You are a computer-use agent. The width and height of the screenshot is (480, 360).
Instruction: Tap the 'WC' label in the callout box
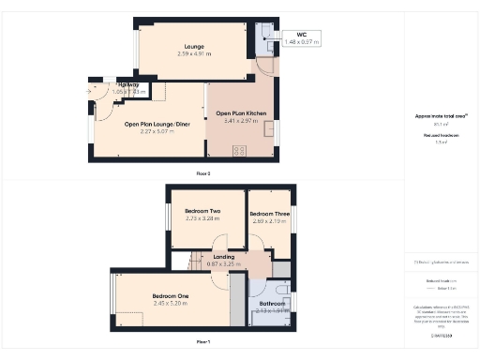pos(302,35)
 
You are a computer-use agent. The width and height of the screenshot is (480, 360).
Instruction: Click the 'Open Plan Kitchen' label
pos(241,112)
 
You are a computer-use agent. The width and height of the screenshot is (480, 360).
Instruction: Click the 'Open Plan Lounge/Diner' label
pos(164,123)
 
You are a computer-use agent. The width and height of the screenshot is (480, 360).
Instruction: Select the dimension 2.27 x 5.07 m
pos(164,131)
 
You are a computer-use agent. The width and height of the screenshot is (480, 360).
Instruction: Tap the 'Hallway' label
pos(125,84)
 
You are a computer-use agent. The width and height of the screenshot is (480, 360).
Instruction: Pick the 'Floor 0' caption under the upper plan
pos(203,173)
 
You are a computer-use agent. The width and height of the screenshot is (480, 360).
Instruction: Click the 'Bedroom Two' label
pos(202,211)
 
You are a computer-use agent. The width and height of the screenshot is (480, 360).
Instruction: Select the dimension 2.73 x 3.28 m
pos(202,218)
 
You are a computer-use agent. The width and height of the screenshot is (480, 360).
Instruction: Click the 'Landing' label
pos(224,256)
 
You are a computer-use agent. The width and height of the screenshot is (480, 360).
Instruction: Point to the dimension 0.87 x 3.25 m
pos(224,263)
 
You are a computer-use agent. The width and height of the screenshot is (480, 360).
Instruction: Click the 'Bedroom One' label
pos(170,295)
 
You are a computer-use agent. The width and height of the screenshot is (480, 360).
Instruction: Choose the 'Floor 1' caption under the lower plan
pos(203,341)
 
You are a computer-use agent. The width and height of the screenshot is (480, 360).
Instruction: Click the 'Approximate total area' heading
pos(441,115)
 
